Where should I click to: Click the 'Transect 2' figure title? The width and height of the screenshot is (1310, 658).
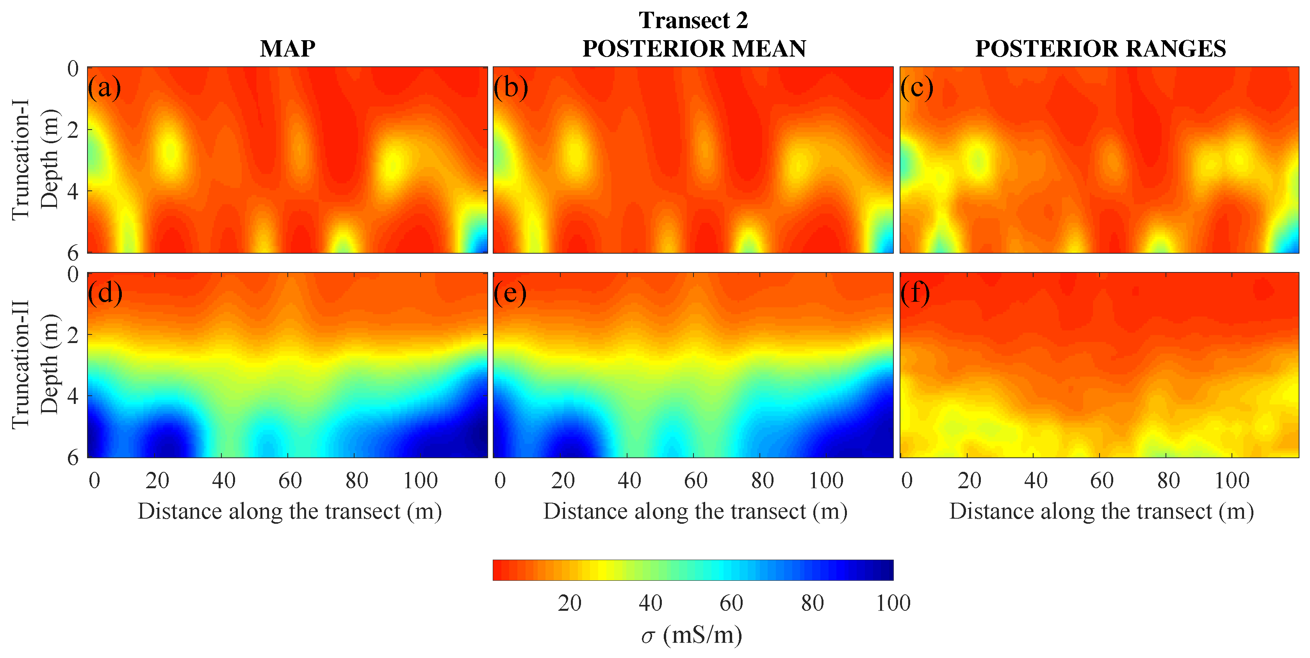point(693,20)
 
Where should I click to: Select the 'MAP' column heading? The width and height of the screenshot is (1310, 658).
point(287,49)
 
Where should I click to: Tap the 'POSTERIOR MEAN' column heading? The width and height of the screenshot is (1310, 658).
point(693,49)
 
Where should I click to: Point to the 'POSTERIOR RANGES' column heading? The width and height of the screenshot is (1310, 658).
point(1100,49)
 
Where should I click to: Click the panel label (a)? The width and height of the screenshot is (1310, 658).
point(104,87)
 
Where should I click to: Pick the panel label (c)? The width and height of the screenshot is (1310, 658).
point(916,87)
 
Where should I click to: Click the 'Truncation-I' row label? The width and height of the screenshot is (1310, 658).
point(20,160)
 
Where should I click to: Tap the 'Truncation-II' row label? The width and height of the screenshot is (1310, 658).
point(20,365)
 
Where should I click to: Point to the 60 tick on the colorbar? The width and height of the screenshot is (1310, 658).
point(731,603)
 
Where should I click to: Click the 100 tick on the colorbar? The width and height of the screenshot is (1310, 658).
point(893,603)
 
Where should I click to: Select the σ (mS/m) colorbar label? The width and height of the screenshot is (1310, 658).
point(692,635)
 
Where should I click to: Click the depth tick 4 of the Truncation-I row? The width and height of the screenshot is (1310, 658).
point(73,192)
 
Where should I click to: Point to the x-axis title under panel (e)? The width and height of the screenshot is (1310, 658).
point(695,511)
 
